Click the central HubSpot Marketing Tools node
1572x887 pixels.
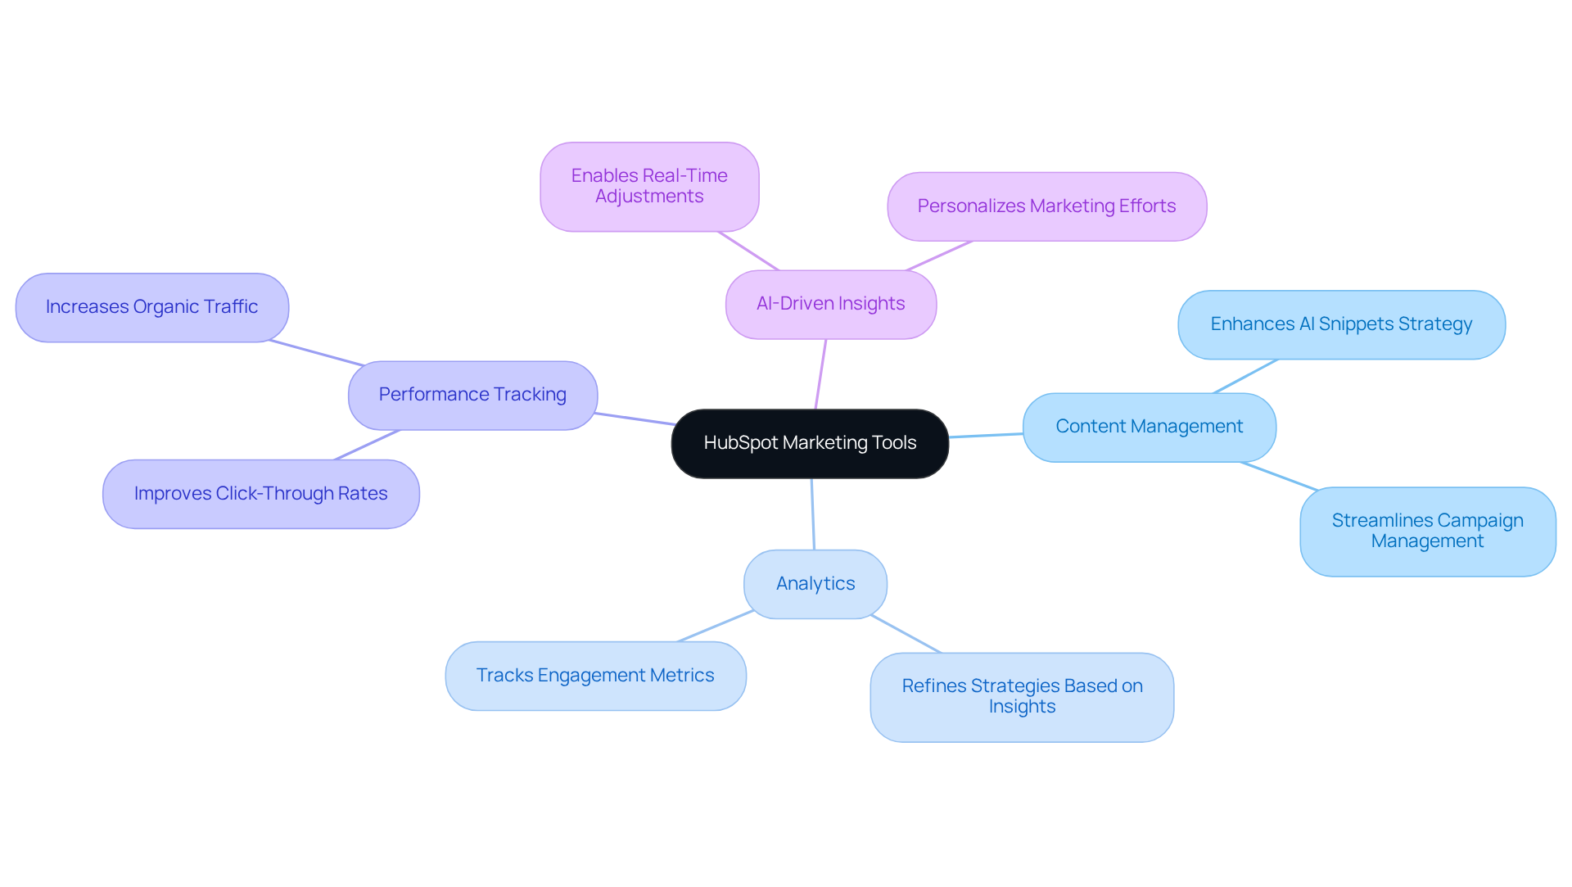(810, 443)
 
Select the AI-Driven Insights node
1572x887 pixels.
(830, 304)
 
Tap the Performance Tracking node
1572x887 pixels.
(472, 395)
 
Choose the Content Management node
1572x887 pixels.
(1149, 427)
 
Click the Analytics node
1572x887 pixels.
(815, 584)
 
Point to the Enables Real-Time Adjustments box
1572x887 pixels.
(649, 186)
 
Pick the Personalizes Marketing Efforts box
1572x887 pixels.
(1046, 206)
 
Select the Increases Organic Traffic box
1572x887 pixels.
(151, 307)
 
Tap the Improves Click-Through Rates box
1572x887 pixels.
(260, 494)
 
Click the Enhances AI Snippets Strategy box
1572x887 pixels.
(1341, 324)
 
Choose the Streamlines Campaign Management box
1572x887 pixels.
(1427, 531)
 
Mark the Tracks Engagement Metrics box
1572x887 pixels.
(595, 676)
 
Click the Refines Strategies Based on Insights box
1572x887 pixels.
(1022, 696)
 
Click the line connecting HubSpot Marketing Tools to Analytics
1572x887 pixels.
(812, 514)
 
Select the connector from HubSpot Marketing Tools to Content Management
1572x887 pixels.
(986, 435)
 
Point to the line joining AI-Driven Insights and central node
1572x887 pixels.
(820, 374)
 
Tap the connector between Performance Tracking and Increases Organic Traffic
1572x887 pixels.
(317, 353)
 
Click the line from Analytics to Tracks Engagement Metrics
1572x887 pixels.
(715, 626)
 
